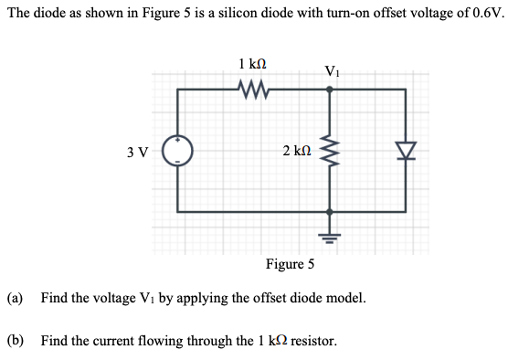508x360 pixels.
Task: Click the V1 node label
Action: (332, 71)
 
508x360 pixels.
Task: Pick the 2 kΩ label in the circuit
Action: (297, 151)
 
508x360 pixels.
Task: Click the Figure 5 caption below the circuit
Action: (290, 265)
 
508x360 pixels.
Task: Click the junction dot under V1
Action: (330, 90)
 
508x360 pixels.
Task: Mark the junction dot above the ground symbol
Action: (330, 211)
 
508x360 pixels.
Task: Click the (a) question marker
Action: (16, 298)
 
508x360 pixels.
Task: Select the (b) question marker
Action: (16, 341)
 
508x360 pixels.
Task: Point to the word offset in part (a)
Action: (261, 298)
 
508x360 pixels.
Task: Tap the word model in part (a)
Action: (344, 298)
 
